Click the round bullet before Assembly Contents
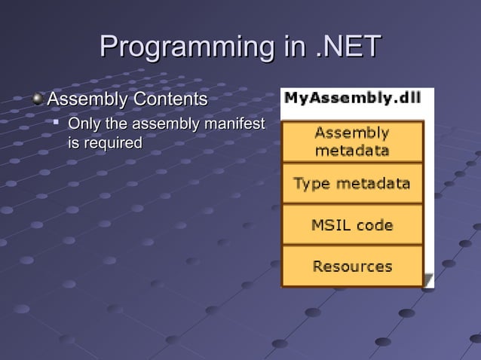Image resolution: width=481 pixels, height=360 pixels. [38, 99]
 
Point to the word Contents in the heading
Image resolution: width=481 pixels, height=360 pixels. [170, 99]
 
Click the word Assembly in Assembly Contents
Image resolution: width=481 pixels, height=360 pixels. [88, 99]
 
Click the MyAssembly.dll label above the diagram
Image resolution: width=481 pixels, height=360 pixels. [351, 97]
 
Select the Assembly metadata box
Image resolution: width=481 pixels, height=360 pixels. [352, 142]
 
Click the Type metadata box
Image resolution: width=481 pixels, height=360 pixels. [352, 183]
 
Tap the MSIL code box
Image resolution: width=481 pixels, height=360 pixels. [352, 224]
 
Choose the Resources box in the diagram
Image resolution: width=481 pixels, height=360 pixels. [352, 266]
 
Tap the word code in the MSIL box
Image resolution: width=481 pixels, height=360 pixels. [374, 224]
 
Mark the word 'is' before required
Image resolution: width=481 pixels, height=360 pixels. [74, 142]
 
